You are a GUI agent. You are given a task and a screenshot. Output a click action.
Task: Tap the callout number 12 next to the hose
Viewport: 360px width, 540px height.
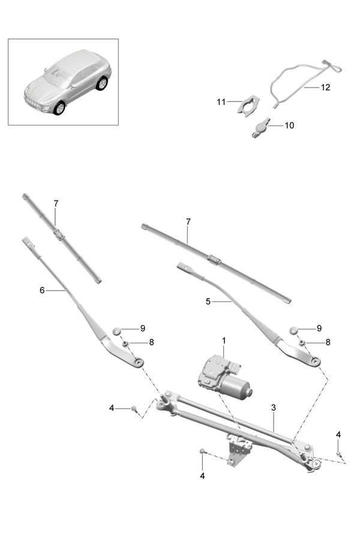click(x=325, y=88)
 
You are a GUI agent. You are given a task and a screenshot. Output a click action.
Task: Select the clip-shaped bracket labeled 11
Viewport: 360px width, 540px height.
click(x=248, y=104)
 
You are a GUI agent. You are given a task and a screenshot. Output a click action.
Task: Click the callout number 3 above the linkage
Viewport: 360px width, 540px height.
click(x=273, y=408)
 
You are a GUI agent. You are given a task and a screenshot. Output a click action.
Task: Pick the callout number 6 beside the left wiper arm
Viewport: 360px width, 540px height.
click(x=42, y=290)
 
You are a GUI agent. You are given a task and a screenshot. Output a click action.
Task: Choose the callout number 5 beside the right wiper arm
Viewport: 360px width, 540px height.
click(x=208, y=301)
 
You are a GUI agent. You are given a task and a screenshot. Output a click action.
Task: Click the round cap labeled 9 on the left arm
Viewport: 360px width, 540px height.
click(x=117, y=331)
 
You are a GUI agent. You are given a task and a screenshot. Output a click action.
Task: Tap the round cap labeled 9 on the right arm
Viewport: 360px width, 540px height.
click(x=294, y=330)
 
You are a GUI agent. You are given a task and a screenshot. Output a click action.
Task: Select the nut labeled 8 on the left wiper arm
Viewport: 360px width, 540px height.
click(x=126, y=343)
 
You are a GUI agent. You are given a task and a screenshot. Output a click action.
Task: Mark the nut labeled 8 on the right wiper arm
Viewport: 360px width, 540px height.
click(x=302, y=343)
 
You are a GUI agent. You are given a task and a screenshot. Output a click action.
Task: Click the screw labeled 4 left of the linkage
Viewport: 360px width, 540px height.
click(x=134, y=409)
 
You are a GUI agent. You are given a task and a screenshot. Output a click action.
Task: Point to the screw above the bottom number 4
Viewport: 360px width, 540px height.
click(x=203, y=451)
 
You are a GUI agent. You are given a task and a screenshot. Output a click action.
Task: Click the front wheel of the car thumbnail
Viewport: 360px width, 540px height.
click(x=59, y=108)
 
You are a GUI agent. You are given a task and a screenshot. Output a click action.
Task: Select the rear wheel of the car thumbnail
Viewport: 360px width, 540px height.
click(x=101, y=83)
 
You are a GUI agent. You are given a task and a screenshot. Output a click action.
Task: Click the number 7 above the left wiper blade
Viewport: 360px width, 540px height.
click(x=56, y=203)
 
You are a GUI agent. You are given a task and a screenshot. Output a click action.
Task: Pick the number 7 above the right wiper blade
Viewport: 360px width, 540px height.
click(x=188, y=222)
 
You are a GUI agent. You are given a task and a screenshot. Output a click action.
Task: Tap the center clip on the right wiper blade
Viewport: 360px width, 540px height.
click(x=214, y=259)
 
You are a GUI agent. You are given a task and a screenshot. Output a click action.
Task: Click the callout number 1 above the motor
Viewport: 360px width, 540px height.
click(x=224, y=341)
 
